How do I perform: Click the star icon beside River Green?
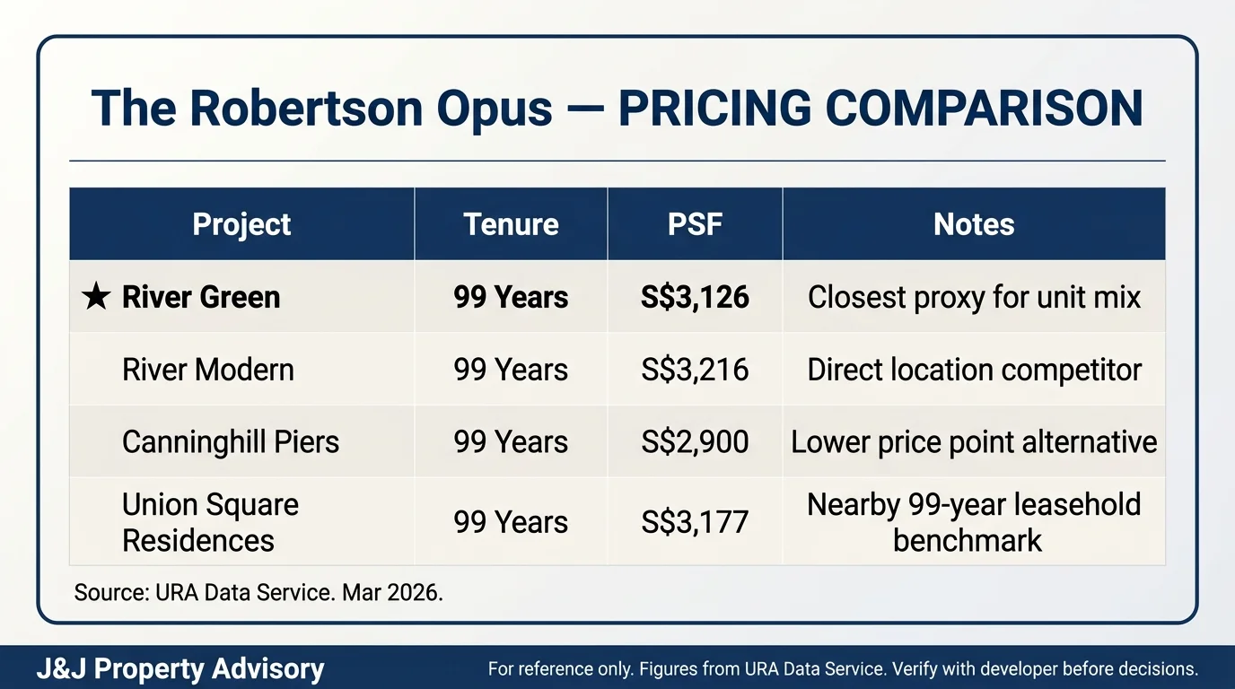[x=95, y=297]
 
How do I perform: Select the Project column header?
[x=241, y=224]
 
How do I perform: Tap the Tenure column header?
[x=511, y=224]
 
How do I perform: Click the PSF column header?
[x=695, y=224]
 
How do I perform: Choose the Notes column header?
[x=974, y=224]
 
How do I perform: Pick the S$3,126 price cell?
[x=695, y=297]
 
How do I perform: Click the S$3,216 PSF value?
[x=695, y=370]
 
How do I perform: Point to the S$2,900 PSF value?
[x=695, y=441]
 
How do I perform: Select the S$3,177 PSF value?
[x=695, y=522]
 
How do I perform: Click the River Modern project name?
[x=207, y=370]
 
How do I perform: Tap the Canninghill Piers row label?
[x=231, y=441]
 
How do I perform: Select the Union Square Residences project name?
[x=210, y=522]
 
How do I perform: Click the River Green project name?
[x=201, y=297]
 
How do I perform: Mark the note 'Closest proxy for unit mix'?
[x=974, y=297]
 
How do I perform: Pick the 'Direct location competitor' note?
[x=974, y=370]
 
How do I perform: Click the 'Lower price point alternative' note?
[x=974, y=441]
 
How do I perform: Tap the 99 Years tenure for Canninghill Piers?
[x=511, y=441]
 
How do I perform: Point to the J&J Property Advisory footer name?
[x=180, y=669]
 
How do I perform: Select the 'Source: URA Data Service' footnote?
[x=258, y=593]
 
